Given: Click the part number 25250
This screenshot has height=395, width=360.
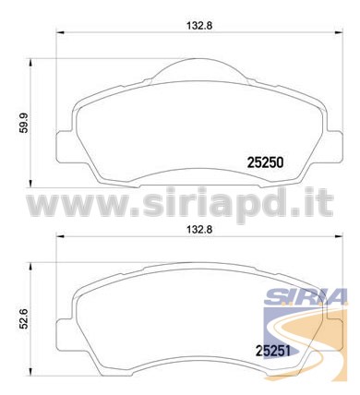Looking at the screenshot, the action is tap(265, 162).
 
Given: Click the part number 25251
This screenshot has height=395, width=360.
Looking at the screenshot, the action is tap(273, 351).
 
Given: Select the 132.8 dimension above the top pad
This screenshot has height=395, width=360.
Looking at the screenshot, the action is tap(199, 25).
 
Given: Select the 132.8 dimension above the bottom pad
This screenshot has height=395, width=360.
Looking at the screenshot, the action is tap(199, 230).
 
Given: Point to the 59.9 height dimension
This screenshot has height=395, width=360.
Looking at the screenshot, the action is tap(23, 123).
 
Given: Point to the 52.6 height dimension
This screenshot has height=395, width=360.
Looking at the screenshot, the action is tap(23, 319).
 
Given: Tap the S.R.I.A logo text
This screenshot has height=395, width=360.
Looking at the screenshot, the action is tap(306, 296).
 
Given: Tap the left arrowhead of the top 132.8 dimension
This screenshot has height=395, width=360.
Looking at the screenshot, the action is tap(59, 32).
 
